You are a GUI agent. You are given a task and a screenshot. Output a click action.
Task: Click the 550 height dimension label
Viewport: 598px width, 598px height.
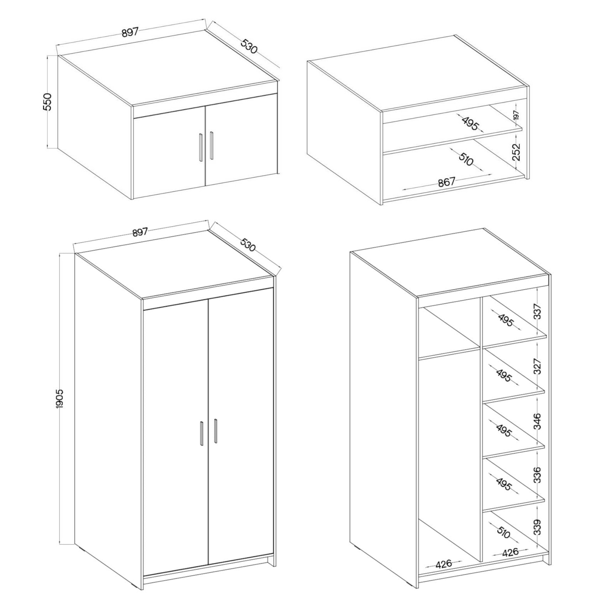coord(48,102)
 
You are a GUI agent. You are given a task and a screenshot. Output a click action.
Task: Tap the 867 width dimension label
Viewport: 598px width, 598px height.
coord(447,182)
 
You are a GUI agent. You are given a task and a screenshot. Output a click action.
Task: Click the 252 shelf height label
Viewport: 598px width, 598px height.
coord(516,152)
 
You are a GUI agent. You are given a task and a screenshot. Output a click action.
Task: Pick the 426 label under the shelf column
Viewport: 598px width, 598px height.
coord(510,552)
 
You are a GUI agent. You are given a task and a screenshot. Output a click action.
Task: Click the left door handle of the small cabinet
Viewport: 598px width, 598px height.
coord(201,147)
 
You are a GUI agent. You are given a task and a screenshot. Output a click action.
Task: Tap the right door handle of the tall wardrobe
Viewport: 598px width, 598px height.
coord(215,431)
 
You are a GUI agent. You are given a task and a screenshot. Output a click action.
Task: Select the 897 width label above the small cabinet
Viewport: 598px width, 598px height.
coord(130,33)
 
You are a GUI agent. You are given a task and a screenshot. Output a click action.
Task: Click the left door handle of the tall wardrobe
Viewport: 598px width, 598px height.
coord(202,434)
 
